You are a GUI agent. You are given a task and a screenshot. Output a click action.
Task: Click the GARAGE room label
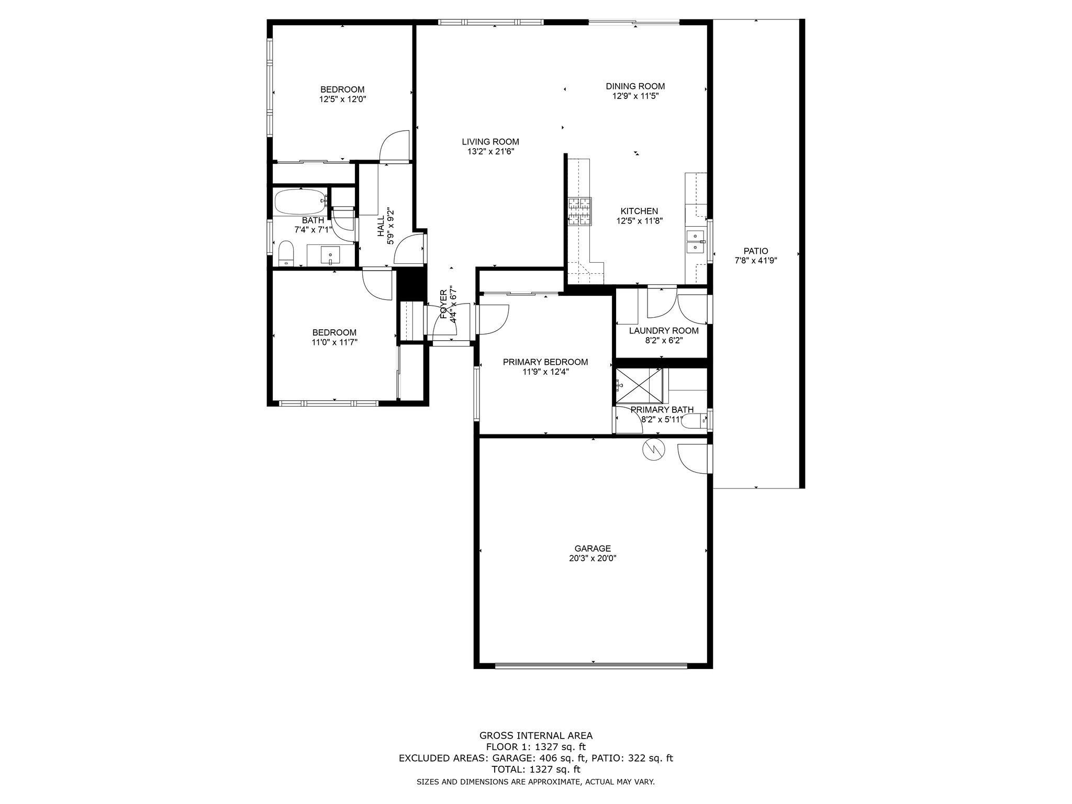click(x=593, y=549)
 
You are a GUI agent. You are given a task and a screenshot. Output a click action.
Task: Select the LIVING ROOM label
click(x=490, y=141)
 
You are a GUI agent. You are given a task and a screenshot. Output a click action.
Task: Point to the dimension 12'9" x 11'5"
click(x=635, y=96)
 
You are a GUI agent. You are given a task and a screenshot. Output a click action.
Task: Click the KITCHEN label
click(x=639, y=211)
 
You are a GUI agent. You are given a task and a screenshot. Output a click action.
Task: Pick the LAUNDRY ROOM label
click(x=664, y=331)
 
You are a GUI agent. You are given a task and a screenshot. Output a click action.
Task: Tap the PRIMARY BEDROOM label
click(x=545, y=362)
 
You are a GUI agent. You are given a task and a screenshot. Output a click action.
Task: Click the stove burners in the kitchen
click(x=579, y=211)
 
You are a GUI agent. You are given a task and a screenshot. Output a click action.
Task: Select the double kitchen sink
click(x=695, y=242)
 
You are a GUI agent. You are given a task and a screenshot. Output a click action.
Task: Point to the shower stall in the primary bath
click(x=639, y=386)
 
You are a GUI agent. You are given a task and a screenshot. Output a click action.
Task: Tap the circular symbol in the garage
click(x=653, y=449)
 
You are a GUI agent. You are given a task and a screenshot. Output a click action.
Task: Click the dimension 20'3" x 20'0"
click(x=593, y=558)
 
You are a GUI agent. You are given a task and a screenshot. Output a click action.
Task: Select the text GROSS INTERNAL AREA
click(x=536, y=735)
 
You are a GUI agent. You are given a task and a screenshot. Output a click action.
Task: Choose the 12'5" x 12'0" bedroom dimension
click(x=342, y=99)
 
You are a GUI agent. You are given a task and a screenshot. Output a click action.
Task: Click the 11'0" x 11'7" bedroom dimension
click(x=334, y=342)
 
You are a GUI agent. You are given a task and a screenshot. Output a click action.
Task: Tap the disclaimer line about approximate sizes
click(x=535, y=782)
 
